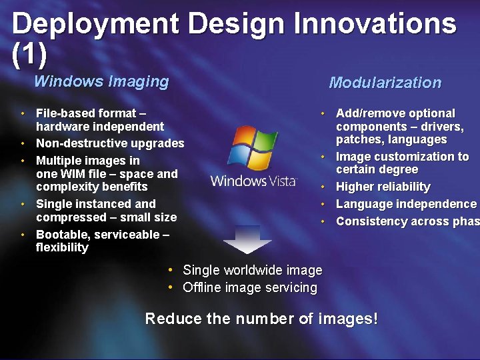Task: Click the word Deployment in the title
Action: tap(95, 24)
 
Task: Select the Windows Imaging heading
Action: tap(101, 81)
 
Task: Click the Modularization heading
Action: tap(385, 83)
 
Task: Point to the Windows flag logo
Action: tap(253, 147)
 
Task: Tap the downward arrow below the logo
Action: tap(247, 239)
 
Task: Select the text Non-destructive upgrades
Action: tap(110, 143)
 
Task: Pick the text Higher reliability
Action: tap(383, 187)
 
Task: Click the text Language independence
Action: tap(406, 204)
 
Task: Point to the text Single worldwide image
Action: tap(253, 270)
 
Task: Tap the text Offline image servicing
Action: tap(250, 287)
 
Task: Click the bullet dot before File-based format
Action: tap(23, 113)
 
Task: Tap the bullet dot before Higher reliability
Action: tap(323, 187)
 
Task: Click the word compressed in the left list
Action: tap(71, 217)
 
